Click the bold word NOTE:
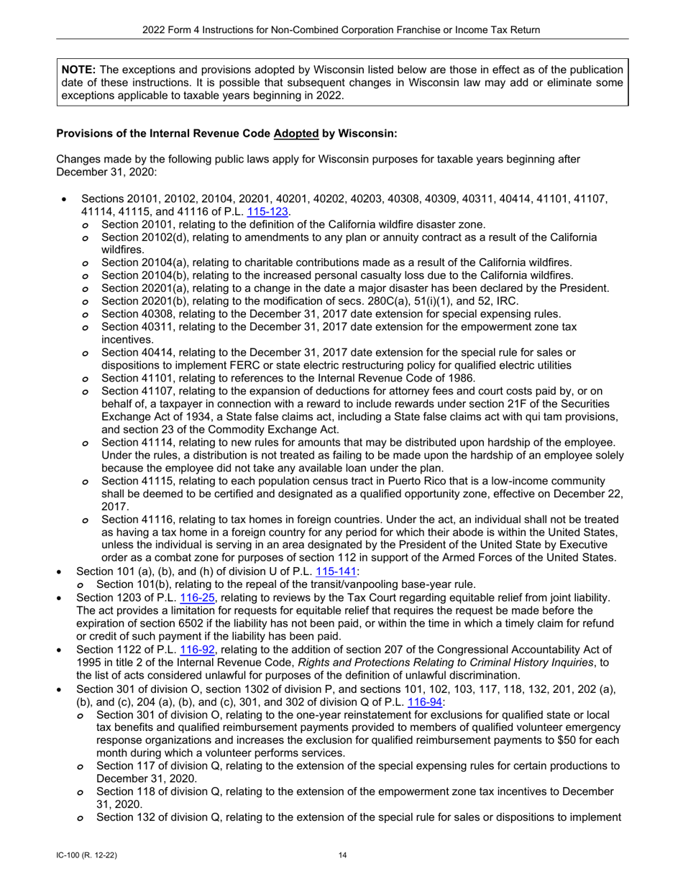click(78, 70)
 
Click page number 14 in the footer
click(341, 855)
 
